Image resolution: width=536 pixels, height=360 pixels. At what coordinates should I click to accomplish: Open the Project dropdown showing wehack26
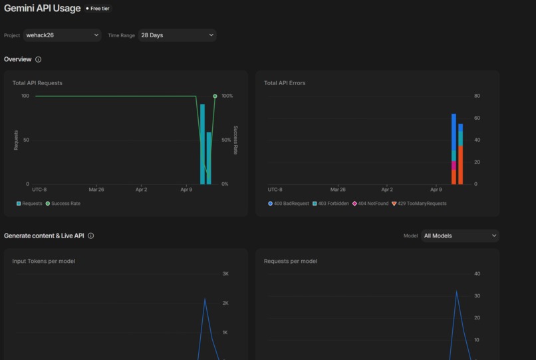coord(62,35)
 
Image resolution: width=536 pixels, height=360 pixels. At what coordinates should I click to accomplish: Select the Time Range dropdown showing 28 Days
coord(177,35)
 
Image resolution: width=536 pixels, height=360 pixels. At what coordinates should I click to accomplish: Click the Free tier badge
coord(98,9)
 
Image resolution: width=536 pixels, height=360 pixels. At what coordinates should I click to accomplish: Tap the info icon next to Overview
coord(38,60)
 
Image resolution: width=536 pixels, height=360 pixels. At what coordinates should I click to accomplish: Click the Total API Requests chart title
coord(37,83)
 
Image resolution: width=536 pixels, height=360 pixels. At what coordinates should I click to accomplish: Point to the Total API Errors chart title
coord(285,83)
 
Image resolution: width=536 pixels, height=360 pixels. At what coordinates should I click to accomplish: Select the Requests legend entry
coord(29,204)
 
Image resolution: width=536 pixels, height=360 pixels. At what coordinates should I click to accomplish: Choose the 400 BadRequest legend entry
coord(289,204)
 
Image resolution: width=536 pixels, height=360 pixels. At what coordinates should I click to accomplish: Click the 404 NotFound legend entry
coord(370,204)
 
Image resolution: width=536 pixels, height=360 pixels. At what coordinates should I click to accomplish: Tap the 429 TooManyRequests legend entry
coord(419,204)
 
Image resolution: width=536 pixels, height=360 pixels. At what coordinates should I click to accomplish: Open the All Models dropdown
coord(460,236)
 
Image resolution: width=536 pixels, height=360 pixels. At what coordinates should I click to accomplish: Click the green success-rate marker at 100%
coord(215,96)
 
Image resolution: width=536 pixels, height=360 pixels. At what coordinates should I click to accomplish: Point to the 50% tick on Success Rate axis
coord(226,140)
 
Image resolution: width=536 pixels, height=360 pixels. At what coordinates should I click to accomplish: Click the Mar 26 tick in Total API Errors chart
coord(338,190)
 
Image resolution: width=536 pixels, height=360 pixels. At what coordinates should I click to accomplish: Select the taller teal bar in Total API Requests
coord(202,144)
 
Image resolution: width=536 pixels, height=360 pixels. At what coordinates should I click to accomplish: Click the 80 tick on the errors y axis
coord(477,96)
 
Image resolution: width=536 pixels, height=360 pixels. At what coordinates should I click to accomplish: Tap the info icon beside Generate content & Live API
coord(91,236)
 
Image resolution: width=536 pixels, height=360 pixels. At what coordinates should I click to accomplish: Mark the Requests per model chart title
coord(291,262)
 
